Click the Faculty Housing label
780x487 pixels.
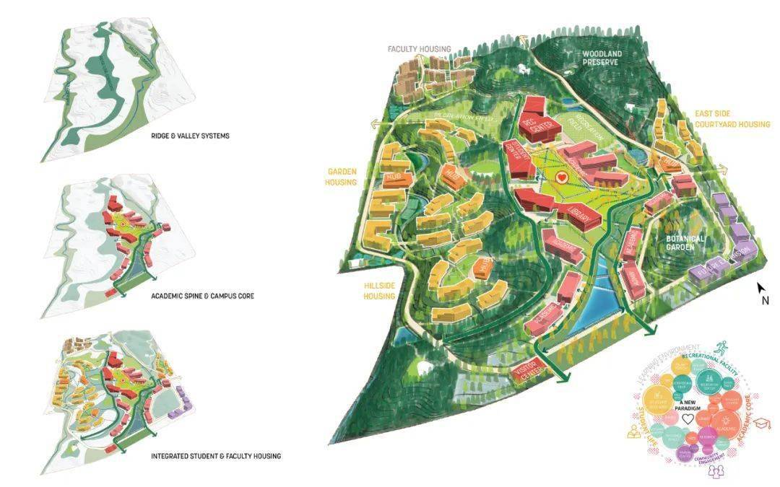click(419, 49)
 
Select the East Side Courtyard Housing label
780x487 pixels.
click(732, 119)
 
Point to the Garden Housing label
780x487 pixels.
click(342, 177)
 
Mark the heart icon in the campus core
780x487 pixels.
click(563, 176)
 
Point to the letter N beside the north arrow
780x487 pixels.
click(765, 302)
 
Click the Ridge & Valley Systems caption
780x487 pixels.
click(190, 136)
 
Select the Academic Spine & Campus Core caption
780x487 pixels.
click(202, 297)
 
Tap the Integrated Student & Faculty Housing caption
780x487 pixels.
click(215, 456)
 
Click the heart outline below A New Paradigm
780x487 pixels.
click(688, 418)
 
